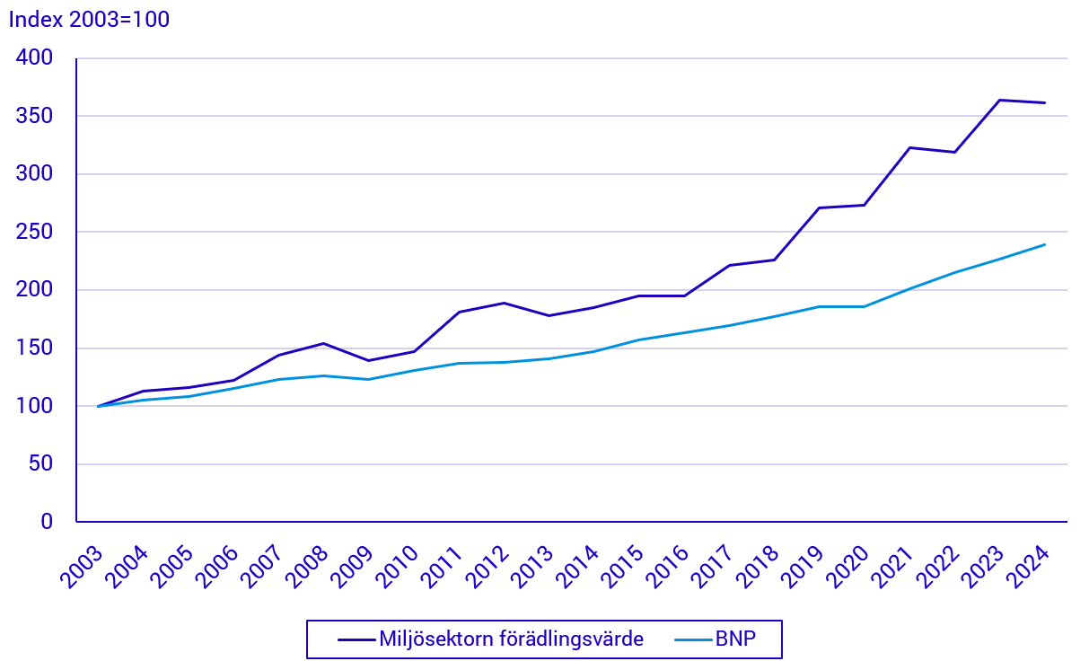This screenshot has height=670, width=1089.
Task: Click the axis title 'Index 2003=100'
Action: click(89, 20)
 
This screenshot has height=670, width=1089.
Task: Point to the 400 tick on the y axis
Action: click(34, 57)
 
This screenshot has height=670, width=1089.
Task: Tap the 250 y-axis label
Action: click(34, 232)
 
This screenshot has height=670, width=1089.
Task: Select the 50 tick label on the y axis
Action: click(40, 463)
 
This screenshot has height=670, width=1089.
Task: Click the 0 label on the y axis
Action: click(47, 522)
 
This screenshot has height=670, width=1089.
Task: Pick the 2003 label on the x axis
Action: click(82, 567)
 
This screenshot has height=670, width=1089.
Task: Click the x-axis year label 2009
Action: click(352, 567)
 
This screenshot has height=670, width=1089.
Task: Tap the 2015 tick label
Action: click(623, 567)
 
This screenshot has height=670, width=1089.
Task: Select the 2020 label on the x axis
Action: click(847, 567)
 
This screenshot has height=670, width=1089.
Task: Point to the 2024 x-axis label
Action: click(1028, 567)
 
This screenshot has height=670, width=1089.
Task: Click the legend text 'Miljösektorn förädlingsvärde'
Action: click(511, 639)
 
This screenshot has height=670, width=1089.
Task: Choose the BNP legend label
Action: click(735, 639)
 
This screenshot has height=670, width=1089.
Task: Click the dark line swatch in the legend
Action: click(356, 639)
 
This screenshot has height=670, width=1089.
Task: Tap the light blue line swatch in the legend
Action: click(693, 639)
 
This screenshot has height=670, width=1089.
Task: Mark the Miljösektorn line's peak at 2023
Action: click(999, 101)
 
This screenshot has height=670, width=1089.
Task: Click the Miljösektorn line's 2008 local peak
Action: click(324, 344)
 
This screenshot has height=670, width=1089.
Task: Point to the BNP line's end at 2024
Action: click(1044, 244)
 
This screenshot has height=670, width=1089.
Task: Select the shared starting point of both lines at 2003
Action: click(98, 406)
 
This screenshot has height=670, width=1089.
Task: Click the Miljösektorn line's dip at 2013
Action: click(549, 315)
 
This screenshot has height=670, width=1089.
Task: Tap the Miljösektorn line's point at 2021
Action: click(909, 148)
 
